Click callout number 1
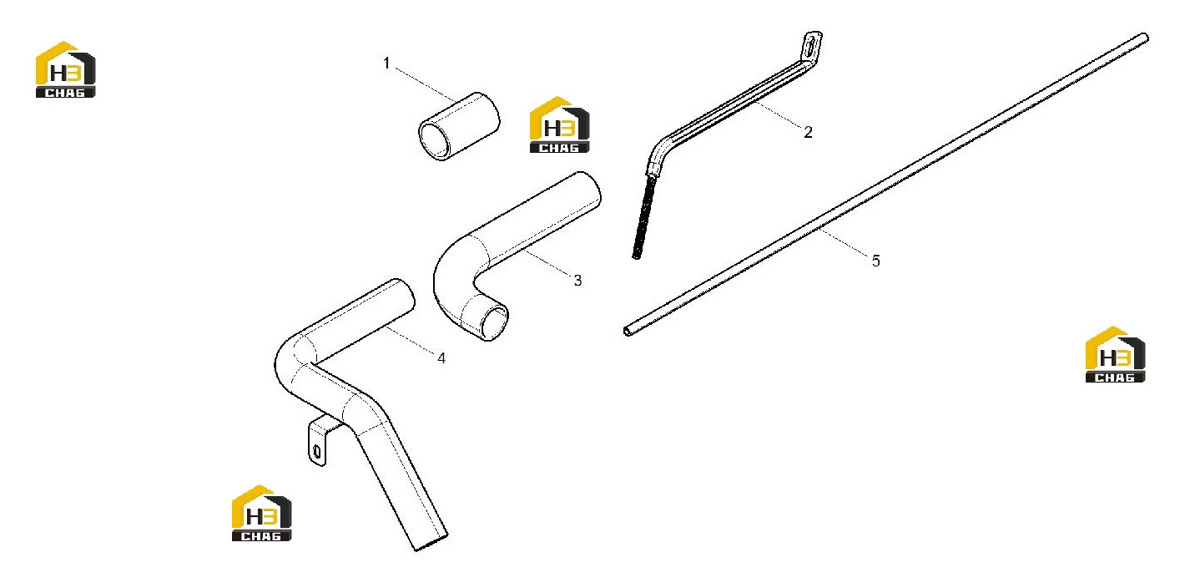pos(386,63)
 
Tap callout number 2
pos(808,132)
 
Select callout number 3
pos(577,281)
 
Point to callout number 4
pos(441,358)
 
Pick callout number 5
pos(875,261)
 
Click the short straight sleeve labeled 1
pos(459,126)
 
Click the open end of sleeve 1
pos(434,141)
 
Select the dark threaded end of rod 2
pos(644,217)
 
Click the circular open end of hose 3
pos(493,322)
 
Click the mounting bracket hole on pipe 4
pos(317,452)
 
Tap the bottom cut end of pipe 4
pos(431,543)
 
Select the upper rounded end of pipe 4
pos(404,294)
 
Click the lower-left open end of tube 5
pos(628,331)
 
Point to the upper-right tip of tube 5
pos(1145,38)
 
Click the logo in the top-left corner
pos(66,69)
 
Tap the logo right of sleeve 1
pos(559,125)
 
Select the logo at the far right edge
pos(1115,354)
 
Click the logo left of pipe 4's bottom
pos(261,513)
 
